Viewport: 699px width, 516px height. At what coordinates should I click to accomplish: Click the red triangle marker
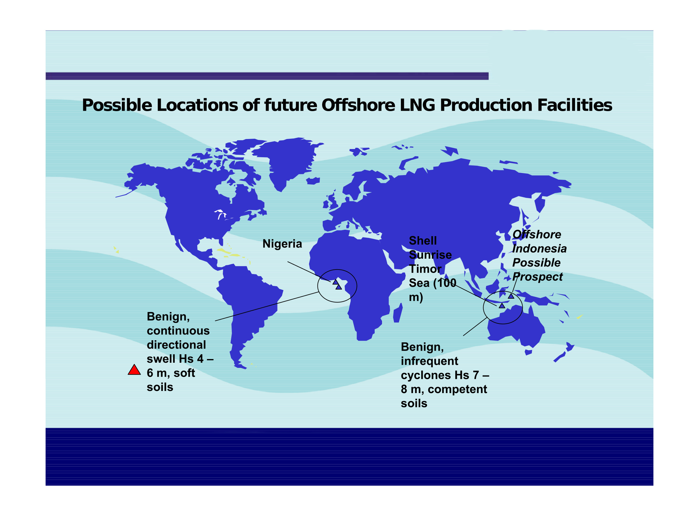pyautogui.click(x=134, y=370)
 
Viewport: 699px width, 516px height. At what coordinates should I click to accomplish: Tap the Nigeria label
pyautogui.click(x=282, y=244)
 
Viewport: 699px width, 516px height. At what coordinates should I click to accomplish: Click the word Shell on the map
pyautogui.click(x=422, y=240)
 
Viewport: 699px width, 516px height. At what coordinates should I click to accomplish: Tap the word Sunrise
pyautogui.click(x=430, y=255)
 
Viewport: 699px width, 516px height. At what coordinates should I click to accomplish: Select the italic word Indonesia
pyautogui.click(x=539, y=249)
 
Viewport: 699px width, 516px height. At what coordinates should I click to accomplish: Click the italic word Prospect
pyautogui.click(x=537, y=277)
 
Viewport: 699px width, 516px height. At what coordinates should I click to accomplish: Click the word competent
pyautogui.click(x=457, y=389)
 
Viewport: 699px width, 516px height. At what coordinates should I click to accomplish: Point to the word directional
pyautogui.click(x=176, y=345)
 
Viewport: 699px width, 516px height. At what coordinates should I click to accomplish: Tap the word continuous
pyautogui.click(x=178, y=331)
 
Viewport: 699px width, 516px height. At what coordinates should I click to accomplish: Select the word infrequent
pyautogui.click(x=429, y=362)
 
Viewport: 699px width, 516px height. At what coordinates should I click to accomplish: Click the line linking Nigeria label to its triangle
pyautogui.click(x=309, y=272)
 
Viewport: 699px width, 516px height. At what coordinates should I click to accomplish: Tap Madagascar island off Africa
pyautogui.click(x=398, y=313)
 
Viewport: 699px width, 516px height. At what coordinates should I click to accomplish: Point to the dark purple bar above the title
pyautogui.click(x=267, y=76)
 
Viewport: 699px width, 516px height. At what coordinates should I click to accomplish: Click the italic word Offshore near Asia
pyautogui.click(x=537, y=234)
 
